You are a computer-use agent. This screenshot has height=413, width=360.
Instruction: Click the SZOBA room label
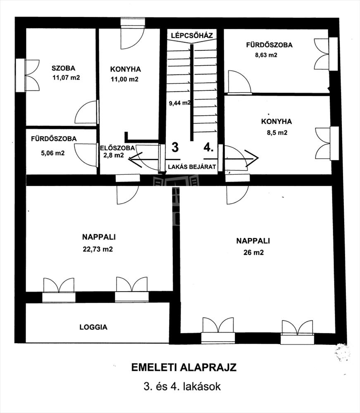[x=63, y=68]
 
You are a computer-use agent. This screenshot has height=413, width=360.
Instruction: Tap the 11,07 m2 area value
[x=66, y=78]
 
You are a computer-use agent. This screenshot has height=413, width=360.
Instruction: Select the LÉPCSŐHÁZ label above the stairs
[x=192, y=35]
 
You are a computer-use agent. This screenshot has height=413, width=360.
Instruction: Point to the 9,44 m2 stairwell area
[x=180, y=103]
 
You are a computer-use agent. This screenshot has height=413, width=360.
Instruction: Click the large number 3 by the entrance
[x=175, y=147]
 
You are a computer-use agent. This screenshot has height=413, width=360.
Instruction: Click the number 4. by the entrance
[x=208, y=147]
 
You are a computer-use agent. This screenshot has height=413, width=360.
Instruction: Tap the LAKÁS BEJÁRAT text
[x=192, y=167]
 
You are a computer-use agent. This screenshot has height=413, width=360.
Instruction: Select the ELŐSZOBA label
[x=117, y=148]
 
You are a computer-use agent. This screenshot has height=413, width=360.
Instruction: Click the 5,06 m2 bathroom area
[x=53, y=153]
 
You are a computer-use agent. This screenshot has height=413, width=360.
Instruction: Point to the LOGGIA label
[x=93, y=327]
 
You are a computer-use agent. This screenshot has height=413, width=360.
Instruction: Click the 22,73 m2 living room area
[x=98, y=249]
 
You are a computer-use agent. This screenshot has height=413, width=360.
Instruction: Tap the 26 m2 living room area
[x=253, y=252]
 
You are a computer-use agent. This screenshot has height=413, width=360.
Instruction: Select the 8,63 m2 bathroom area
[x=266, y=55]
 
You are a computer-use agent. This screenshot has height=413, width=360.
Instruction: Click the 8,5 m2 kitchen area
[x=277, y=133]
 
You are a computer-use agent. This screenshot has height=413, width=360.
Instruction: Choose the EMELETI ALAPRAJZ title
[x=184, y=368]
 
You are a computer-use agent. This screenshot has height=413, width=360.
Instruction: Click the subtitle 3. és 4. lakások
[x=182, y=387]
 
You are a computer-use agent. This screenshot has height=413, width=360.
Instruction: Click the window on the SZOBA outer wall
[x=20, y=75]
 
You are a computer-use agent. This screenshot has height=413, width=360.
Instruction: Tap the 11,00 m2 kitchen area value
[x=124, y=79]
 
